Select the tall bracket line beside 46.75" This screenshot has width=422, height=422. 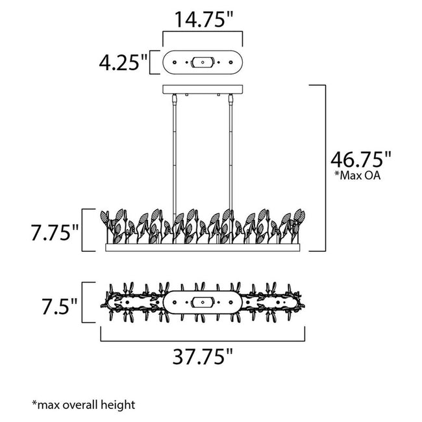point(324,168)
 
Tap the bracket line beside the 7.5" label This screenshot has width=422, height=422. point(84,303)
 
